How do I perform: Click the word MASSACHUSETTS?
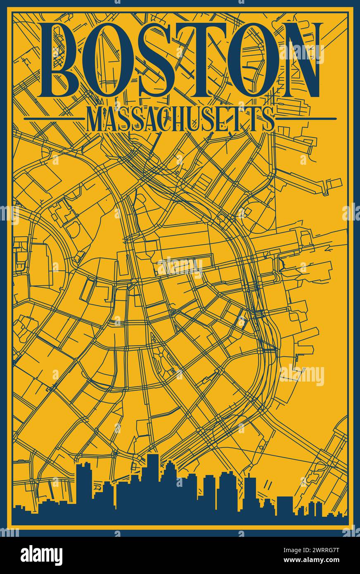pyautogui.click(x=180, y=119)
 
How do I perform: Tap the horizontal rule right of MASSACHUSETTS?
pyautogui.click(x=306, y=119)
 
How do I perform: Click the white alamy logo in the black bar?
pyautogui.click(x=42, y=555)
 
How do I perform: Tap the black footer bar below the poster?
pyautogui.click(x=180, y=555)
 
